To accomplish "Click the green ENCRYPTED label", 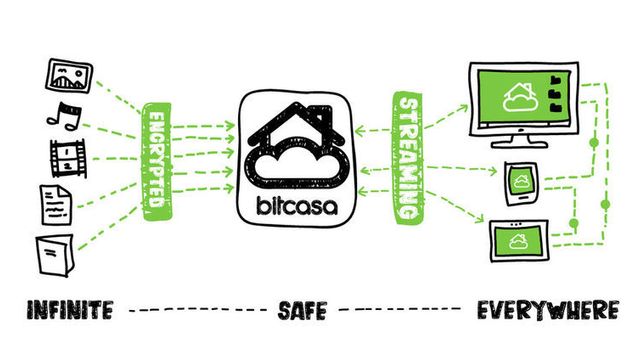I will pos(156,158).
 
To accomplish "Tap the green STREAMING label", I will pos(408,158).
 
